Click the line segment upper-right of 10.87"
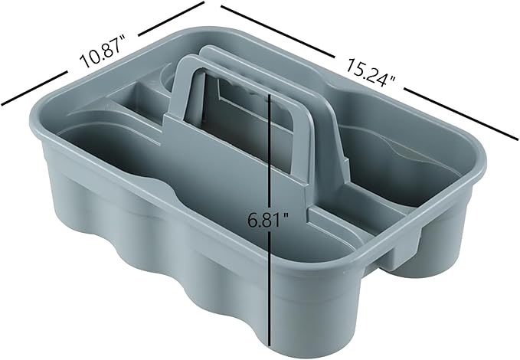coord(169,18)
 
